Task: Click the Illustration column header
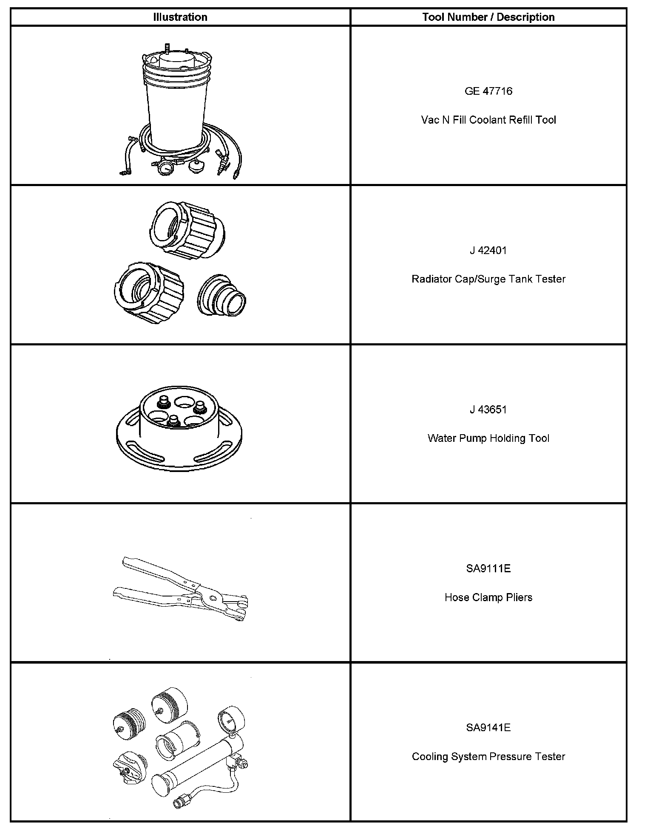pos(180,17)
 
